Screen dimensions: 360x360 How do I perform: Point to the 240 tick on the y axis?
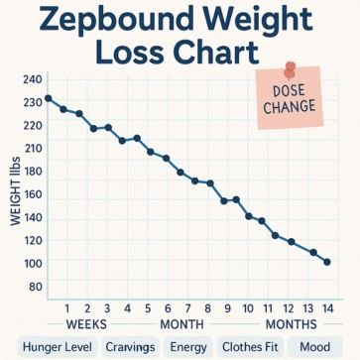pos(32,79)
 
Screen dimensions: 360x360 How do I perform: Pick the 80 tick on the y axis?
pos(35,287)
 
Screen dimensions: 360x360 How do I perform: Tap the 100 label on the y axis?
pos(32,263)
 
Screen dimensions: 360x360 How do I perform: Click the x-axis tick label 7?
pos(168,308)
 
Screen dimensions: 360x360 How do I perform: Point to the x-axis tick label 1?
pos(65,308)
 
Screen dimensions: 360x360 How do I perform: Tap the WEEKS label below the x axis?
pos(85,324)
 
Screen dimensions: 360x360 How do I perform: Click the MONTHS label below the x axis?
pos(291,324)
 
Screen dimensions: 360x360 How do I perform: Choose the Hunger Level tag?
pos(57,347)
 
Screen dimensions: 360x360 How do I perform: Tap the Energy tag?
pos(188,347)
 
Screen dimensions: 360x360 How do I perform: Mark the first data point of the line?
pos(48,98)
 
